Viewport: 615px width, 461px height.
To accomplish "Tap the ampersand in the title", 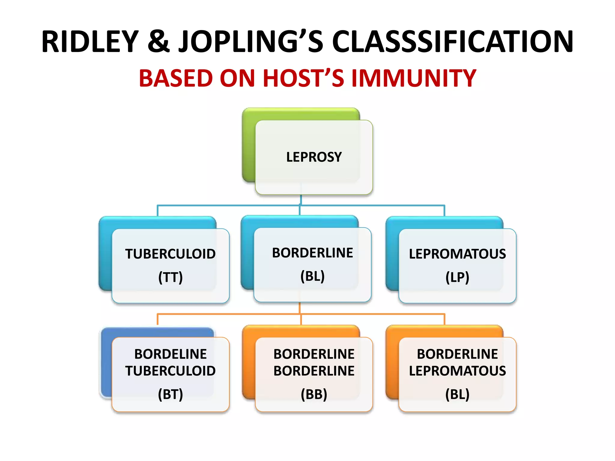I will (x=159, y=42).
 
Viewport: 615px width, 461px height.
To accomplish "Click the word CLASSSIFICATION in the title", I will (x=453, y=42).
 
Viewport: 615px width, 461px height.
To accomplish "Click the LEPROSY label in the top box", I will (x=314, y=157).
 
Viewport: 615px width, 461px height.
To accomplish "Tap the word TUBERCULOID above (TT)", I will (x=170, y=254).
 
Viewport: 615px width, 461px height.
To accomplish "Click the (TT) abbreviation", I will (x=170, y=277).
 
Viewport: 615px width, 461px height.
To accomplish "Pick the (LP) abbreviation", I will (x=457, y=277).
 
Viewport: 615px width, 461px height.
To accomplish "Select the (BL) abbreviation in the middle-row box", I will (x=312, y=276).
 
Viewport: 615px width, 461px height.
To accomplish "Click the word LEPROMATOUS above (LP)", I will (x=457, y=254).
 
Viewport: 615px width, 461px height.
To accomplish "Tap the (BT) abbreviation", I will (x=170, y=394).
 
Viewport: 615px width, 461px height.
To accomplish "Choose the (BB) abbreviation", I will (x=314, y=394).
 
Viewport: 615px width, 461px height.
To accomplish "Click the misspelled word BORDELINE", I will (x=170, y=354).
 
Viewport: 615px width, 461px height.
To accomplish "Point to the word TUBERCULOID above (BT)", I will (x=170, y=371).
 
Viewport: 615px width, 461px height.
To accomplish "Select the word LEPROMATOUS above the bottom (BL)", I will (x=457, y=371).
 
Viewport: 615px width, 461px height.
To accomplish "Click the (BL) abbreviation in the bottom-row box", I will (x=457, y=394).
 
